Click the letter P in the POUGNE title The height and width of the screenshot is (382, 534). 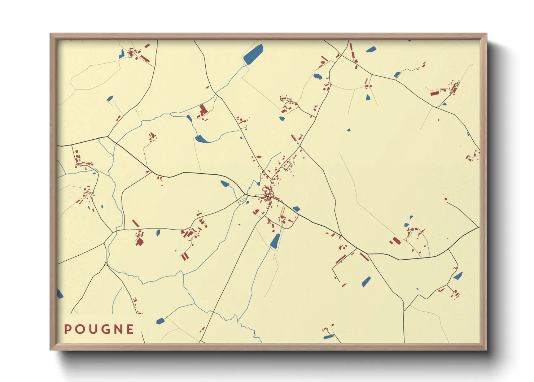point(67,329)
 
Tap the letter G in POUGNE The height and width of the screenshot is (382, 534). point(105,329)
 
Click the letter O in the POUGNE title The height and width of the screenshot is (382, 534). point(79,329)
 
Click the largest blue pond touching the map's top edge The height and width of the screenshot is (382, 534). point(253,54)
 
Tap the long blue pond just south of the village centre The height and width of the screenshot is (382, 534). point(275,241)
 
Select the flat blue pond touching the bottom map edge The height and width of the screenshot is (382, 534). point(328,337)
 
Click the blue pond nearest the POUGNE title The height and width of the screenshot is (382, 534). point(160,321)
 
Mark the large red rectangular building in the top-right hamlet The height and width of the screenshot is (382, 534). point(435,93)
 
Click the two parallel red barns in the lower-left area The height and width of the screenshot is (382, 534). point(185,256)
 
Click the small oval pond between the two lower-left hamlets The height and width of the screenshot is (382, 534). point(158,233)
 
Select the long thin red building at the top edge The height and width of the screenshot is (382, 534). point(351,49)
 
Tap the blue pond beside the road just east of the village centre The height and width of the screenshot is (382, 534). point(296,209)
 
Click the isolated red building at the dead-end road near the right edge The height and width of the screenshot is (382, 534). point(446,199)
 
